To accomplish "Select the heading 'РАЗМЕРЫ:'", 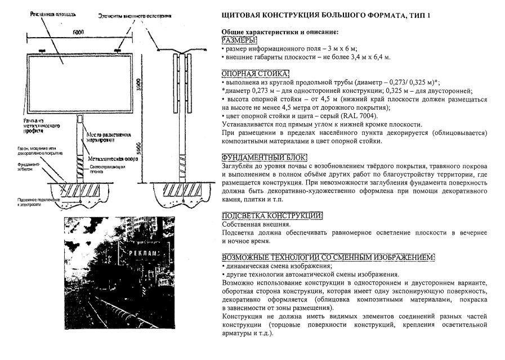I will point(239,40).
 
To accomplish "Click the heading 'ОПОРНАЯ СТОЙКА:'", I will point(256,74).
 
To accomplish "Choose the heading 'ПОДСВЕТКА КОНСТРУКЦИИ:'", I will point(272,215).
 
